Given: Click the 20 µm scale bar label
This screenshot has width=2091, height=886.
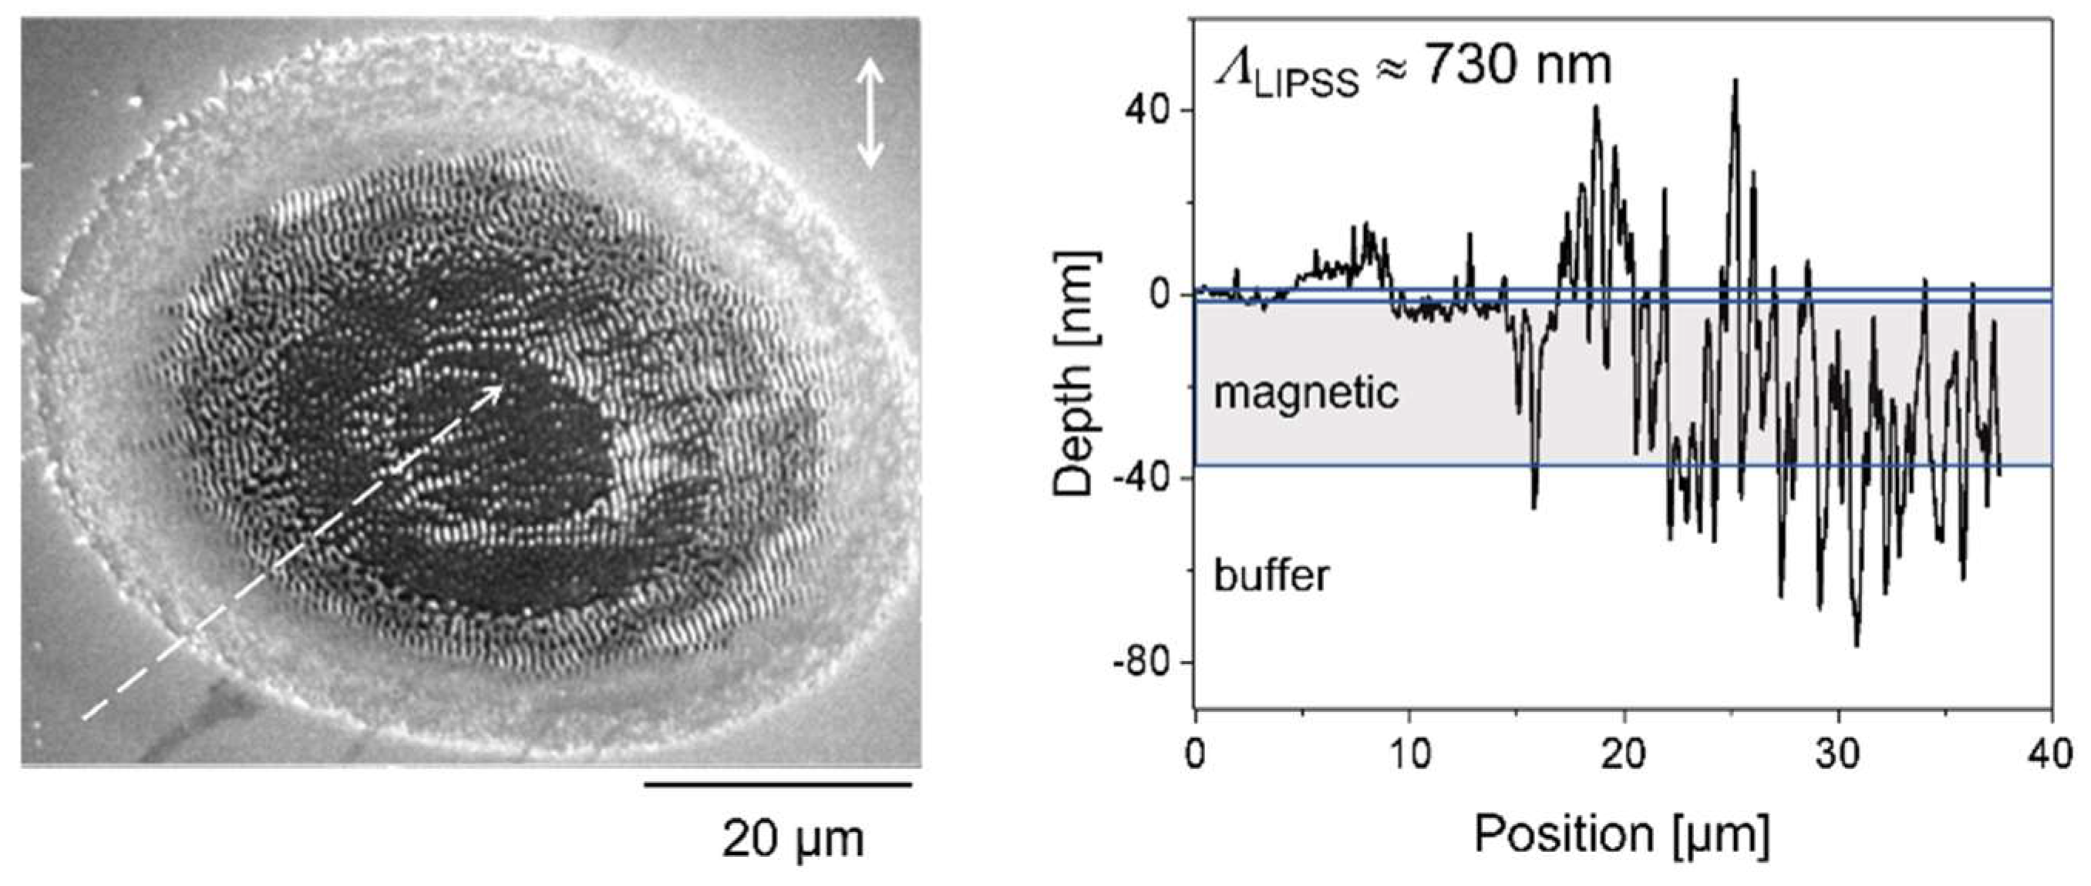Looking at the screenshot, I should (x=793, y=839).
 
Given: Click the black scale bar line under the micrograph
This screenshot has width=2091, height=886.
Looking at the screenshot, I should (x=778, y=784).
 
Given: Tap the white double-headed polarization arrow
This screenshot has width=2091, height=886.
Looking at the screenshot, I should (x=870, y=112).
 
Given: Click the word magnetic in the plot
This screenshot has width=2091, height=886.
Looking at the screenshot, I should (x=1306, y=393).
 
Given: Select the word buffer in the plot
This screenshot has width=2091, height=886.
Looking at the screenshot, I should (x=1272, y=576).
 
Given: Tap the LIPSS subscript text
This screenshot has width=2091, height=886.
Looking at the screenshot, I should (x=1306, y=83).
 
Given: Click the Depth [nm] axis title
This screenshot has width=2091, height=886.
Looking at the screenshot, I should (x=1075, y=372).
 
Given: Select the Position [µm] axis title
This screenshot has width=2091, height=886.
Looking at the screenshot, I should (x=1621, y=834).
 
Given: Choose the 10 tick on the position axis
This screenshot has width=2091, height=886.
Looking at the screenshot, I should (x=1410, y=754).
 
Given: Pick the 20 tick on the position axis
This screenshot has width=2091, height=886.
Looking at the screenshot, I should (x=1625, y=754).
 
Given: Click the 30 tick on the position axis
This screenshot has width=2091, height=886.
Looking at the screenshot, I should (x=1838, y=754).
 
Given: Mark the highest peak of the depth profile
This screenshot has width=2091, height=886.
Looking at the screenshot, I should (x=1736, y=80).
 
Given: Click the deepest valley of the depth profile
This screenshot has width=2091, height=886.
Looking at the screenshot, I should (x=1856, y=645).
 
